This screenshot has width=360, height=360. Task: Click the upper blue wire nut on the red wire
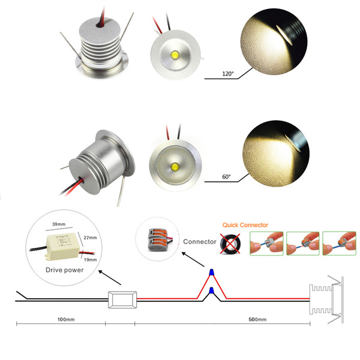point(211,273)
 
